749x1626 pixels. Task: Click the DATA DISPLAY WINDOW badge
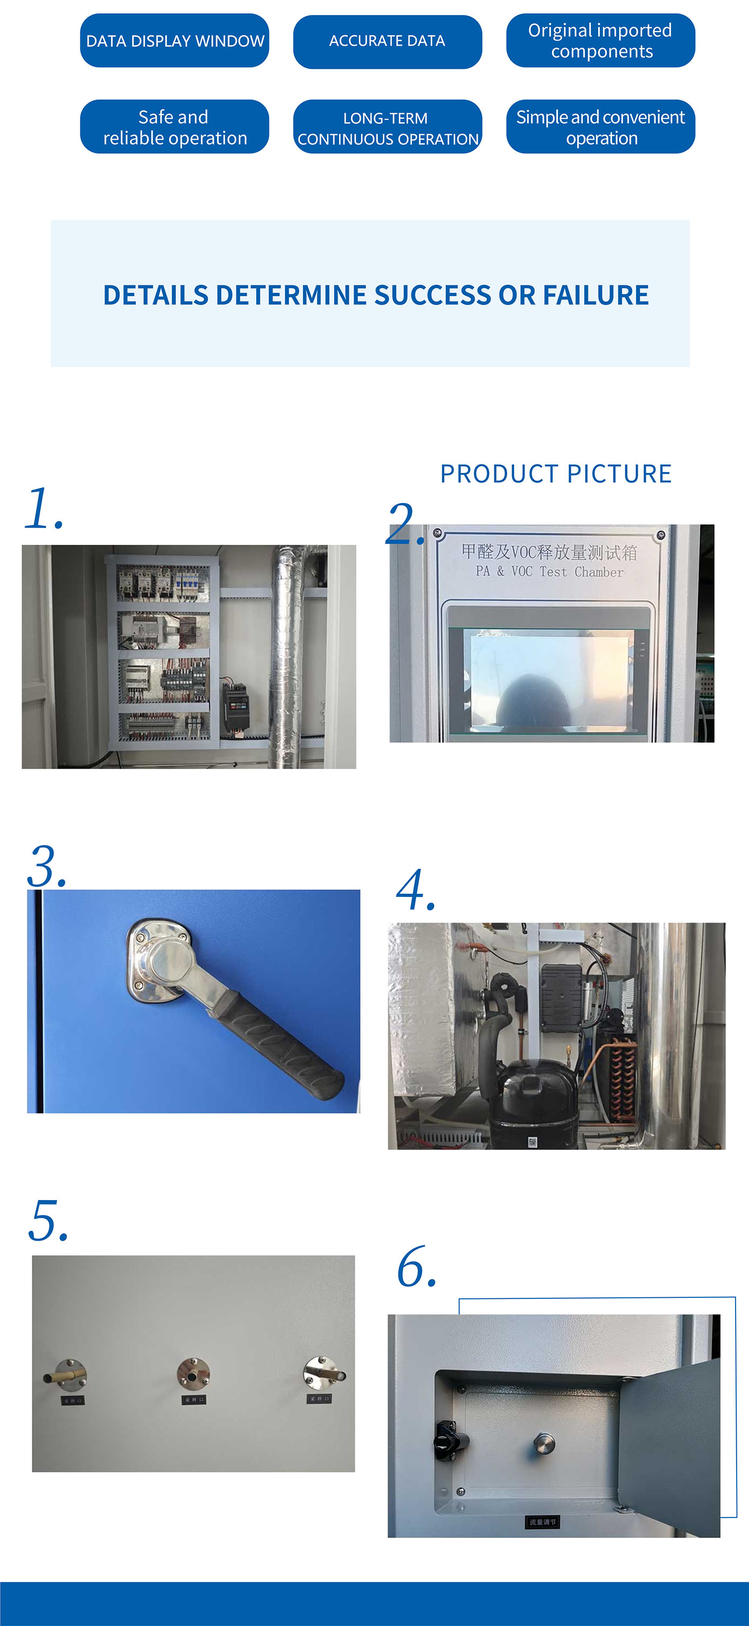[x=174, y=41]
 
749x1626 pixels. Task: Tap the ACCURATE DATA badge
[x=387, y=41]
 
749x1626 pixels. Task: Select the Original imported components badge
[x=600, y=41]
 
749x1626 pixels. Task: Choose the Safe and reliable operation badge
[x=174, y=127]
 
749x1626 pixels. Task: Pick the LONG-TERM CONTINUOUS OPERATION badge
[x=387, y=128]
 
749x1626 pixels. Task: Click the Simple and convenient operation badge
[x=600, y=127]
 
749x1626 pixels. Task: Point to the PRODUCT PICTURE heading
[x=556, y=474]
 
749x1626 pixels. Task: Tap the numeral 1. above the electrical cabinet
[x=44, y=509]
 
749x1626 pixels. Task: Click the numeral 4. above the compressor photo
[x=415, y=890]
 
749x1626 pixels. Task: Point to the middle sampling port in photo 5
[x=193, y=1374]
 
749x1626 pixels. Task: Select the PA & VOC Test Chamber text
[x=549, y=572]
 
